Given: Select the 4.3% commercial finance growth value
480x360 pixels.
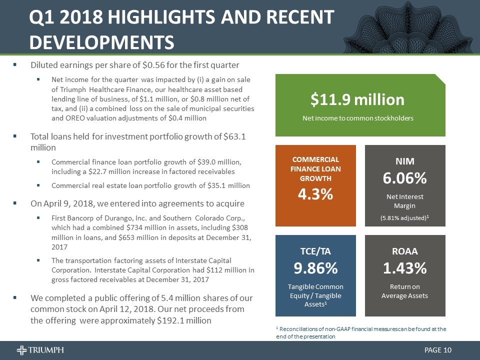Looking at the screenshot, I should click(315, 194).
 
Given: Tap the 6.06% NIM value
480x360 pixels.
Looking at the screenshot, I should click(404, 178).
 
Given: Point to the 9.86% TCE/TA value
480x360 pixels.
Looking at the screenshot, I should click(315, 268).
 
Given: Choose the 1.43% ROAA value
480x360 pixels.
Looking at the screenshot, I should click(404, 268).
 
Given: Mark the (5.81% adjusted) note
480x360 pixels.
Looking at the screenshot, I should click(404, 218).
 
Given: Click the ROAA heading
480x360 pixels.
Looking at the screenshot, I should click(404, 250).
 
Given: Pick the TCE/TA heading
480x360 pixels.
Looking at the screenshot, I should click(315, 250).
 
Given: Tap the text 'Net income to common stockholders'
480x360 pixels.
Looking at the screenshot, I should click(357, 118).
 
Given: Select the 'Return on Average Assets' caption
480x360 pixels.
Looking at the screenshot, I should click(404, 291).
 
